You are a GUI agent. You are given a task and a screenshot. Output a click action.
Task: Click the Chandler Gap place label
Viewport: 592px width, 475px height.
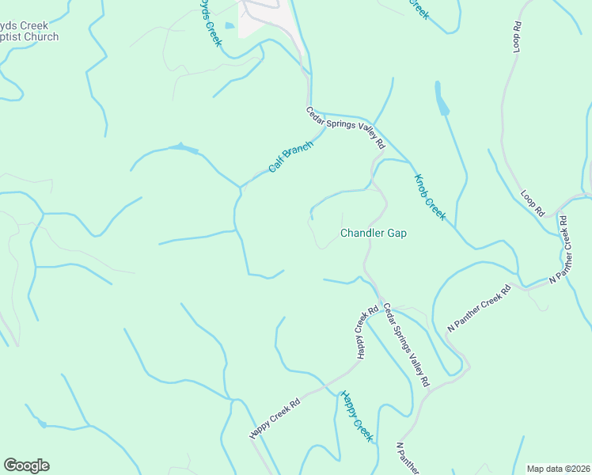pyautogui.click(x=373, y=234)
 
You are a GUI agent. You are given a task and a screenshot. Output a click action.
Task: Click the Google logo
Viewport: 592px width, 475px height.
pyautogui.click(x=26, y=465)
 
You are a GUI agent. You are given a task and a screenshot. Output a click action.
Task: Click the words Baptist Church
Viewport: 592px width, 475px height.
pyautogui.click(x=30, y=37)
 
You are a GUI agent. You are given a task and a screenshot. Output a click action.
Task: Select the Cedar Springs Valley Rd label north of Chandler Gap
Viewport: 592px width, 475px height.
pyautogui.click(x=346, y=128)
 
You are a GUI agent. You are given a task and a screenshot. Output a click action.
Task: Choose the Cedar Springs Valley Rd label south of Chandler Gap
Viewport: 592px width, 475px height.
pyautogui.click(x=406, y=344)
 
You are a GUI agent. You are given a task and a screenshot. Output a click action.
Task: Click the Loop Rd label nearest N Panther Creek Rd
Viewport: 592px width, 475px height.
pyautogui.click(x=533, y=203)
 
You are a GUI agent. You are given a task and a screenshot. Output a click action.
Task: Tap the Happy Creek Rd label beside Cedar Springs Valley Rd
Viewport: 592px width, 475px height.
pyautogui.click(x=366, y=332)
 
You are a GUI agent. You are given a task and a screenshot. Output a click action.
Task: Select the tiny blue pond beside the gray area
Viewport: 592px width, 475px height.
pyautogui.click(x=230, y=26)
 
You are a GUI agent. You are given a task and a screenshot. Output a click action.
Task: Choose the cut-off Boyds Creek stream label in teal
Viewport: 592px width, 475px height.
pyautogui.click(x=207, y=23)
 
